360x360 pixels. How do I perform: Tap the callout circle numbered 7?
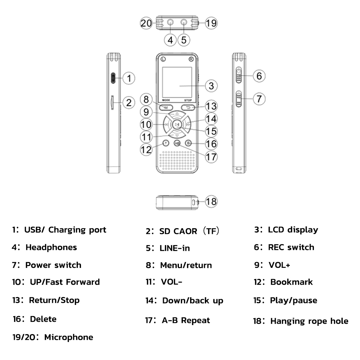(x=259, y=99)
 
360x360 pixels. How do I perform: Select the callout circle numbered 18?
(x=211, y=201)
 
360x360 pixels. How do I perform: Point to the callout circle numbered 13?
(x=211, y=107)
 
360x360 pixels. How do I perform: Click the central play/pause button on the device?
(x=176, y=125)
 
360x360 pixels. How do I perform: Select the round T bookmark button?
(x=165, y=143)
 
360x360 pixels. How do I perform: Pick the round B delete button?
(x=188, y=143)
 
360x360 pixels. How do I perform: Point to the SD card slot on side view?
(x=112, y=103)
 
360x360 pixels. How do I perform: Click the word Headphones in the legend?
(x=51, y=248)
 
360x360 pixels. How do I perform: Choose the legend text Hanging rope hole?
(x=309, y=321)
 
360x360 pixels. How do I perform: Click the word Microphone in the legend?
(x=68, y=337)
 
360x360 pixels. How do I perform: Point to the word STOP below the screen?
(x=188, y=100)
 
